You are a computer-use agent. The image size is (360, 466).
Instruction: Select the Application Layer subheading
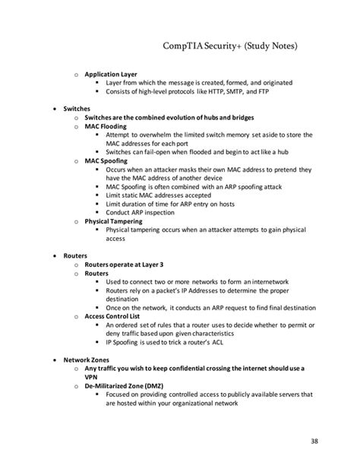[111, 74]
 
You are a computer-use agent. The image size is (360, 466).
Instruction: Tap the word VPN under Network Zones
[91, 376]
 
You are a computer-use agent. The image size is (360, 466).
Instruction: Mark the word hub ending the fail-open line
[276, 152]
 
